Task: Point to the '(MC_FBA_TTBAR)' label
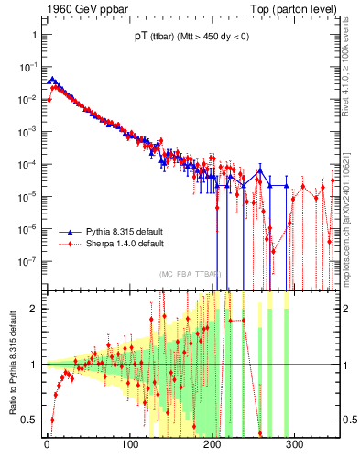click(x=189, y=275)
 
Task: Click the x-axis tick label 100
click(x=130, y=444)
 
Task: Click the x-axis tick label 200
click(x=213, y=444)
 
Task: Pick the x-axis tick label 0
click(x=48, y=444)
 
